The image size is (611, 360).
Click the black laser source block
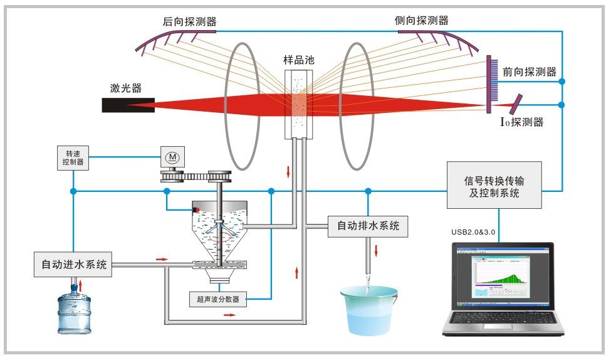[128, 105]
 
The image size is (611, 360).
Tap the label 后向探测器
[189, 21]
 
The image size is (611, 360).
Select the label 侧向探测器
[422, 20]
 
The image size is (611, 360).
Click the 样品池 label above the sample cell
[298, 60]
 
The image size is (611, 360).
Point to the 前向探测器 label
[529, 71]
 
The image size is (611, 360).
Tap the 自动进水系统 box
[73, 265]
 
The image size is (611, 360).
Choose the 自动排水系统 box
[368, 225]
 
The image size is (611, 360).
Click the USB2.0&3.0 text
[473, 232]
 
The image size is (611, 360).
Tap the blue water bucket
[369, 310]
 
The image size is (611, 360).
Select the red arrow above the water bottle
[80, 287]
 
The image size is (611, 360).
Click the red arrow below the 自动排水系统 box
[377, 250]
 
